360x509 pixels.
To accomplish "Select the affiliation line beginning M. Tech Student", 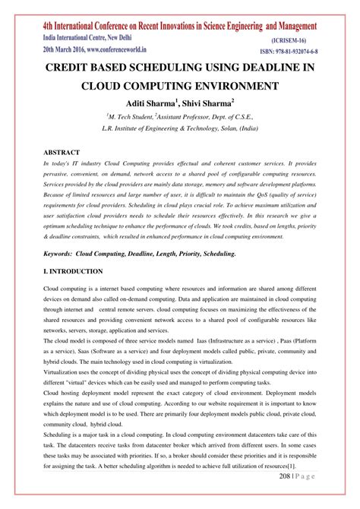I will pyautogui.click(x=179, y=118).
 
